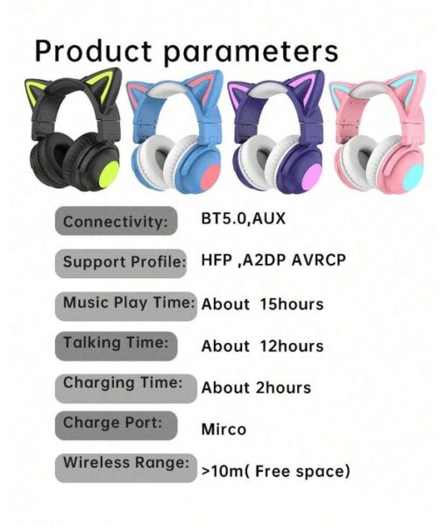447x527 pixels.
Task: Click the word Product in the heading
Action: [93, 51]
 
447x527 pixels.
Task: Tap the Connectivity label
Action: [115, 222]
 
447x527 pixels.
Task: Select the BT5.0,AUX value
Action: [243, 218]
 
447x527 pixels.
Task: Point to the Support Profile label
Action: [124, 262]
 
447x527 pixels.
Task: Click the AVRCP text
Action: [318, 260]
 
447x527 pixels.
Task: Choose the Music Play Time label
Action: [129, 303]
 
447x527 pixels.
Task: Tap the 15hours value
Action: [292, 304]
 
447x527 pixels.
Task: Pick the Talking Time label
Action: [116, 343]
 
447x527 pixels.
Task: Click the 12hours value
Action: [292, 346]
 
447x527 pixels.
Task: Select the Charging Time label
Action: [123, 383]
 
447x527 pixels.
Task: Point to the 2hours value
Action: [283, 388]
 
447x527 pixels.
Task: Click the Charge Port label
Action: [112, 423]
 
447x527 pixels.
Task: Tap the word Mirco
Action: [223, 429]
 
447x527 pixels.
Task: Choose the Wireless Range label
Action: [126, 463]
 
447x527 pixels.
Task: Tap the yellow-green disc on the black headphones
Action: [108, 174]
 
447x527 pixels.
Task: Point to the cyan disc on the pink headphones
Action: [414, 178]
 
